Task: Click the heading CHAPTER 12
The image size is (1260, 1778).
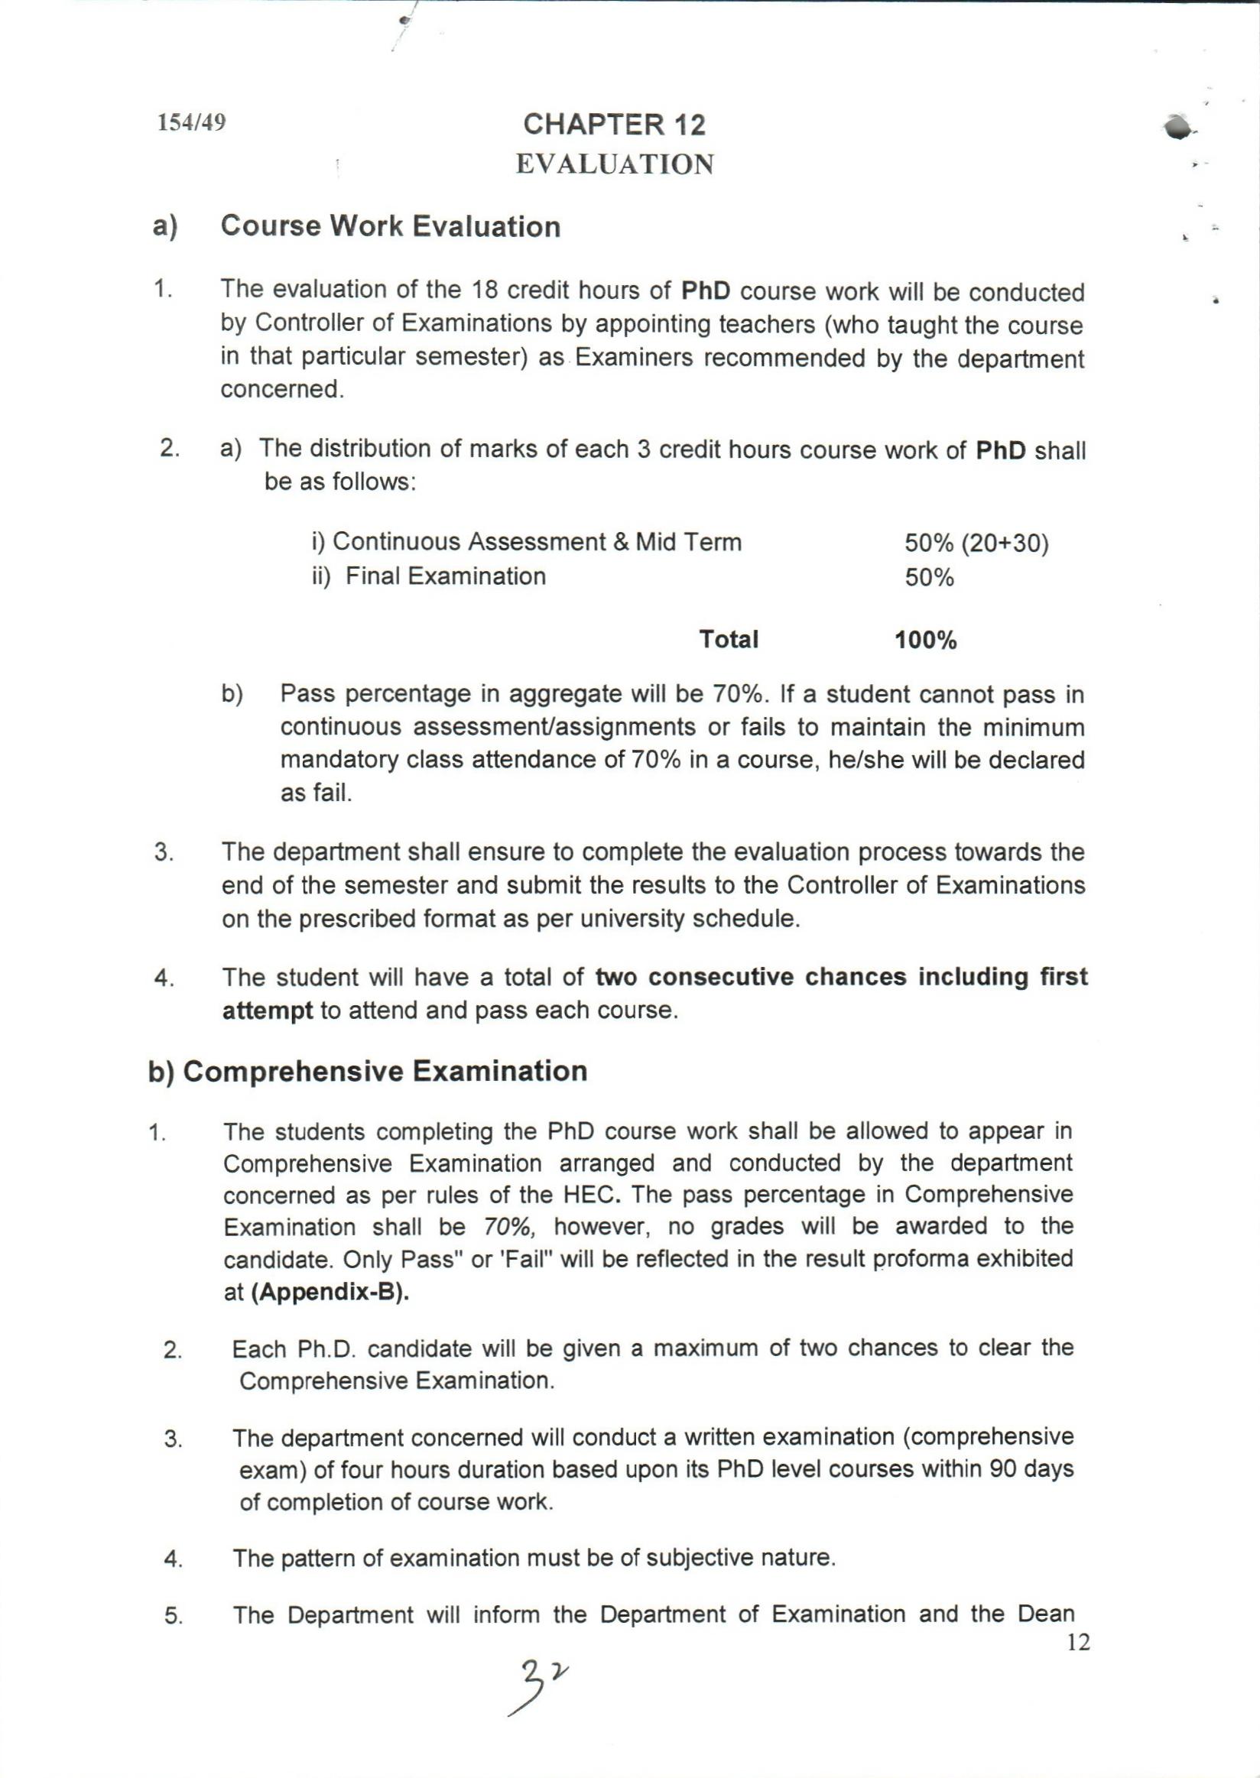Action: (x=615, y=125)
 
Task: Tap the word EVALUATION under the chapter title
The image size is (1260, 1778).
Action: (x=615, y=164)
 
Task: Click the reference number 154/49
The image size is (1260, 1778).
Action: (x=192, y=122)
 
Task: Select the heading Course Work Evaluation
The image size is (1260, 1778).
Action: (x=390, y=226)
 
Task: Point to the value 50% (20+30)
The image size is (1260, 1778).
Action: (x=976, y=543)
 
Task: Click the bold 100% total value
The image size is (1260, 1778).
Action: (x=925, y=641)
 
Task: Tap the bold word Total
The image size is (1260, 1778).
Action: (x=728, y=639)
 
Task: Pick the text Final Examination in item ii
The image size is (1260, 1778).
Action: (x=445, y=576)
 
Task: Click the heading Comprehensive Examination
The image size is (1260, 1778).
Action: (x=385, y=1071)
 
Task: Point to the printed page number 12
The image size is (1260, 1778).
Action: (x=1079, y=1642)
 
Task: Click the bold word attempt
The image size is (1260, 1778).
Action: (x=268, y=1011)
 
